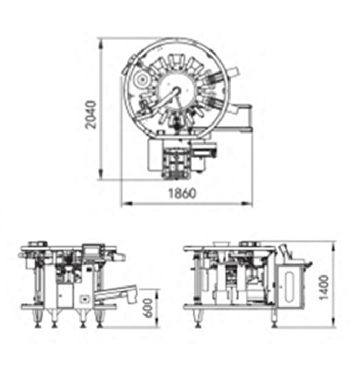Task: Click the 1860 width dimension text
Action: coord(182,193)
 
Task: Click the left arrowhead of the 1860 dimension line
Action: coord(123,204)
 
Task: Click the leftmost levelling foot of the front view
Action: coord(37,320)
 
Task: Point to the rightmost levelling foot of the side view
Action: coord(274,320)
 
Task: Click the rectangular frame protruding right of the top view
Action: coord(244,118)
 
